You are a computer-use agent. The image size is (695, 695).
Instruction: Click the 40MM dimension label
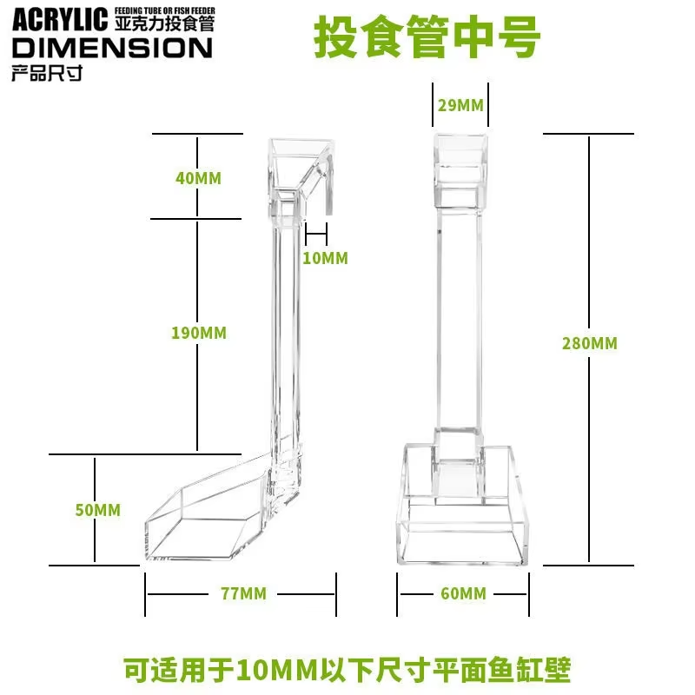pos(198,178)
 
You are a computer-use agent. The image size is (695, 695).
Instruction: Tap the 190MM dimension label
pos(198,333)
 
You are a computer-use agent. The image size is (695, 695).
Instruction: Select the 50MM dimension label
pos(97,510)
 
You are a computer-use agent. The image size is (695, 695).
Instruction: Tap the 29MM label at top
pos(460,106)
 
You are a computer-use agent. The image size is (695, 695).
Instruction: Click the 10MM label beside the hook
pos(325,258)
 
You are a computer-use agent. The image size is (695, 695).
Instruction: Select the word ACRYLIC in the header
pos(60,17)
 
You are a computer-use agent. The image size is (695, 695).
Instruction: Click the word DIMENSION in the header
pos(111,46)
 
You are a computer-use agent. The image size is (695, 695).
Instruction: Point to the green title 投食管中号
pos(427,36)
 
